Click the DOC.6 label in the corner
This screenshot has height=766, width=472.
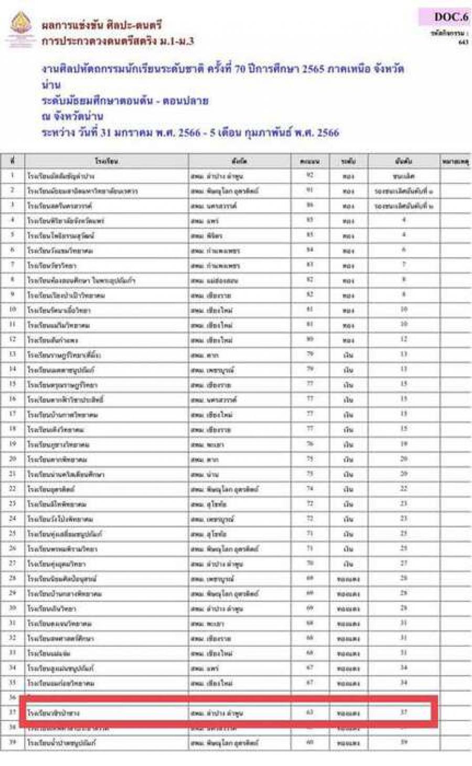[450, 17]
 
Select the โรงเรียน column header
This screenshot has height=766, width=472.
[106, 161]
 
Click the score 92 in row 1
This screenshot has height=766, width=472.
[310, 176]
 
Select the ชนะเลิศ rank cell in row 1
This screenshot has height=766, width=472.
[403, 176]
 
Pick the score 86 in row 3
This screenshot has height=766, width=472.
[310, 206]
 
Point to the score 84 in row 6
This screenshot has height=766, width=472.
[310, 250]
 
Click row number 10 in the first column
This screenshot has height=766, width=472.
[13, 310]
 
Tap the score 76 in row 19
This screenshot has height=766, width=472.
[310, 444]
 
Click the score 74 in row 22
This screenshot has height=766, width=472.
[310, 489]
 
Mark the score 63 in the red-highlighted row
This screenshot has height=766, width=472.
[310, 713]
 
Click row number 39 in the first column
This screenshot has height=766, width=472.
[13, 742]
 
